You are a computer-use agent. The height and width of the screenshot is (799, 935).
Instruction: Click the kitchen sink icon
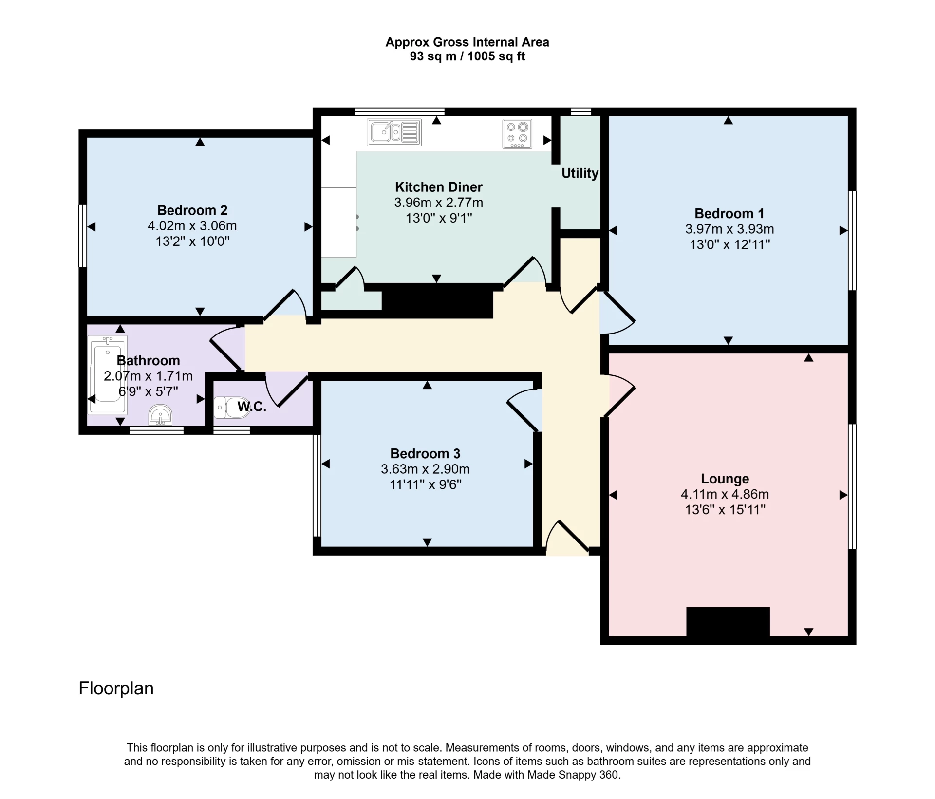[x=394, y=132]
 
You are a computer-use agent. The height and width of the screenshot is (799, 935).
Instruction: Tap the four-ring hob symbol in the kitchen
[x=517, y=133]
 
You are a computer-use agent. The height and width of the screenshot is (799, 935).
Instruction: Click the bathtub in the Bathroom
[x=108, y=374]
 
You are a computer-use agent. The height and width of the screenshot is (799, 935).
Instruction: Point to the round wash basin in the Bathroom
[x=160, y=415]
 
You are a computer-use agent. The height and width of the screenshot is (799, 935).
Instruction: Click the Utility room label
[x=580, y=173]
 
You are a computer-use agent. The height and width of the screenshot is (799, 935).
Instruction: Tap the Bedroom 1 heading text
[x=729, y=213]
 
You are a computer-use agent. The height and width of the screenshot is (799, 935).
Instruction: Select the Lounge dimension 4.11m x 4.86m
[x=725, y=494]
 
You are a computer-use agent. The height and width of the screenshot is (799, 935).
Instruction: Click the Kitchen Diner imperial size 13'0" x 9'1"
[x=439, y=218]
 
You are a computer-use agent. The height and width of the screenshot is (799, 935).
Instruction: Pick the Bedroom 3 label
[x=425, y=454]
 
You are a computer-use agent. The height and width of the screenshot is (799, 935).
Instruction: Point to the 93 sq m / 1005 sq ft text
[x=467, y=56]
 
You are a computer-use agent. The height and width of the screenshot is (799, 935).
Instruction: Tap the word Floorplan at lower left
[x=116, y=688]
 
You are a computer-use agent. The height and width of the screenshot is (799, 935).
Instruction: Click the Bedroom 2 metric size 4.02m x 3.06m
[x=192, y=226]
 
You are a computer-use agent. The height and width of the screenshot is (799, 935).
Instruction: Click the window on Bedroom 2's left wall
[x=83, y=236]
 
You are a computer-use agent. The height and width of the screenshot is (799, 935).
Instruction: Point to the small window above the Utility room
[x=580, y=112]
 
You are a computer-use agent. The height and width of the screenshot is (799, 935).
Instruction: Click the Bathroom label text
[x=149, y=361]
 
